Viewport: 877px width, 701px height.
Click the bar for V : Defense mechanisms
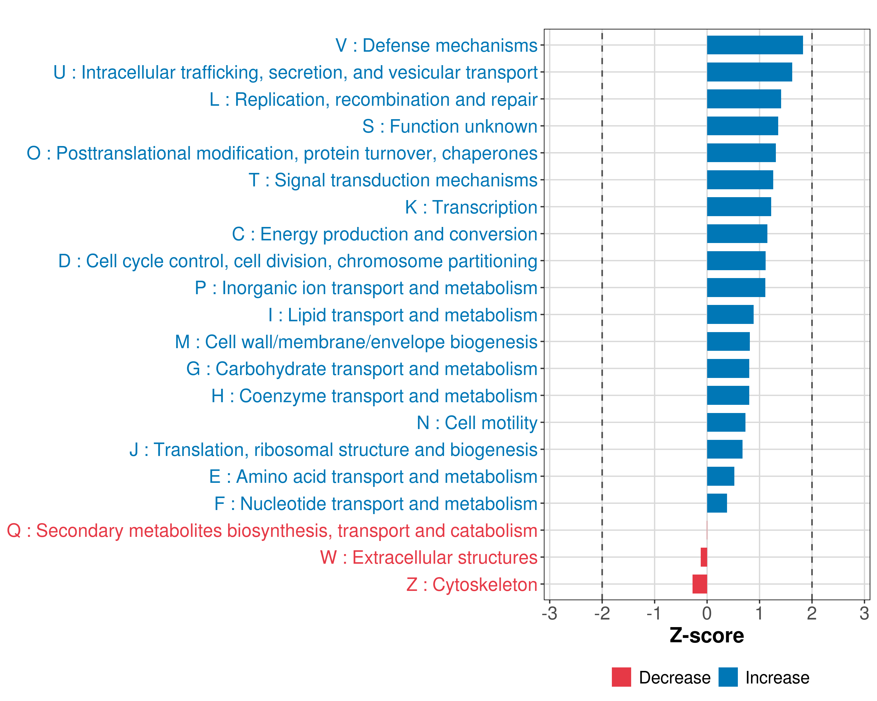(x=755, y=45)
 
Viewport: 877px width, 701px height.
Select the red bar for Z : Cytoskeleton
(x=700, y=584)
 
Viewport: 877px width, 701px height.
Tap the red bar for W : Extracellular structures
(x=704, y=557)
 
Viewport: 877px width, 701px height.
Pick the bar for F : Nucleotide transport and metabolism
(x=717, y=503)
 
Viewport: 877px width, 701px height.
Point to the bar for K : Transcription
(x=739, y=207)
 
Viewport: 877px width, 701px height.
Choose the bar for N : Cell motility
(x=726, y=423)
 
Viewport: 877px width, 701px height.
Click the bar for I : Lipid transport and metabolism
(x=730, y=315)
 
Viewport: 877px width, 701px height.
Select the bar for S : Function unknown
(x=742, y=126)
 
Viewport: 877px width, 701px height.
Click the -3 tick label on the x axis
(x=550, y=613)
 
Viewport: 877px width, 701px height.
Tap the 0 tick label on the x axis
(x=707, y=613)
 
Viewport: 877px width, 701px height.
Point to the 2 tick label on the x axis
(x=812, y=613)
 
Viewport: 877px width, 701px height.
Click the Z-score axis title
(x=707, y=636)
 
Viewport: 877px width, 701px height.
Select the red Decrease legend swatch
(x=621, y=677)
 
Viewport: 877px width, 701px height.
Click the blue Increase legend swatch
(x=728, y=677)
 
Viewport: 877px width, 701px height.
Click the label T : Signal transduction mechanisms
(x=393, y=180)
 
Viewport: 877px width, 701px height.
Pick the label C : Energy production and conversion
(x=384, y=234)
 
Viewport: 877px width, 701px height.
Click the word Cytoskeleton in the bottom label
(x=484, y=585)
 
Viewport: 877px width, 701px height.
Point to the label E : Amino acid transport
(x=373, y=477)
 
